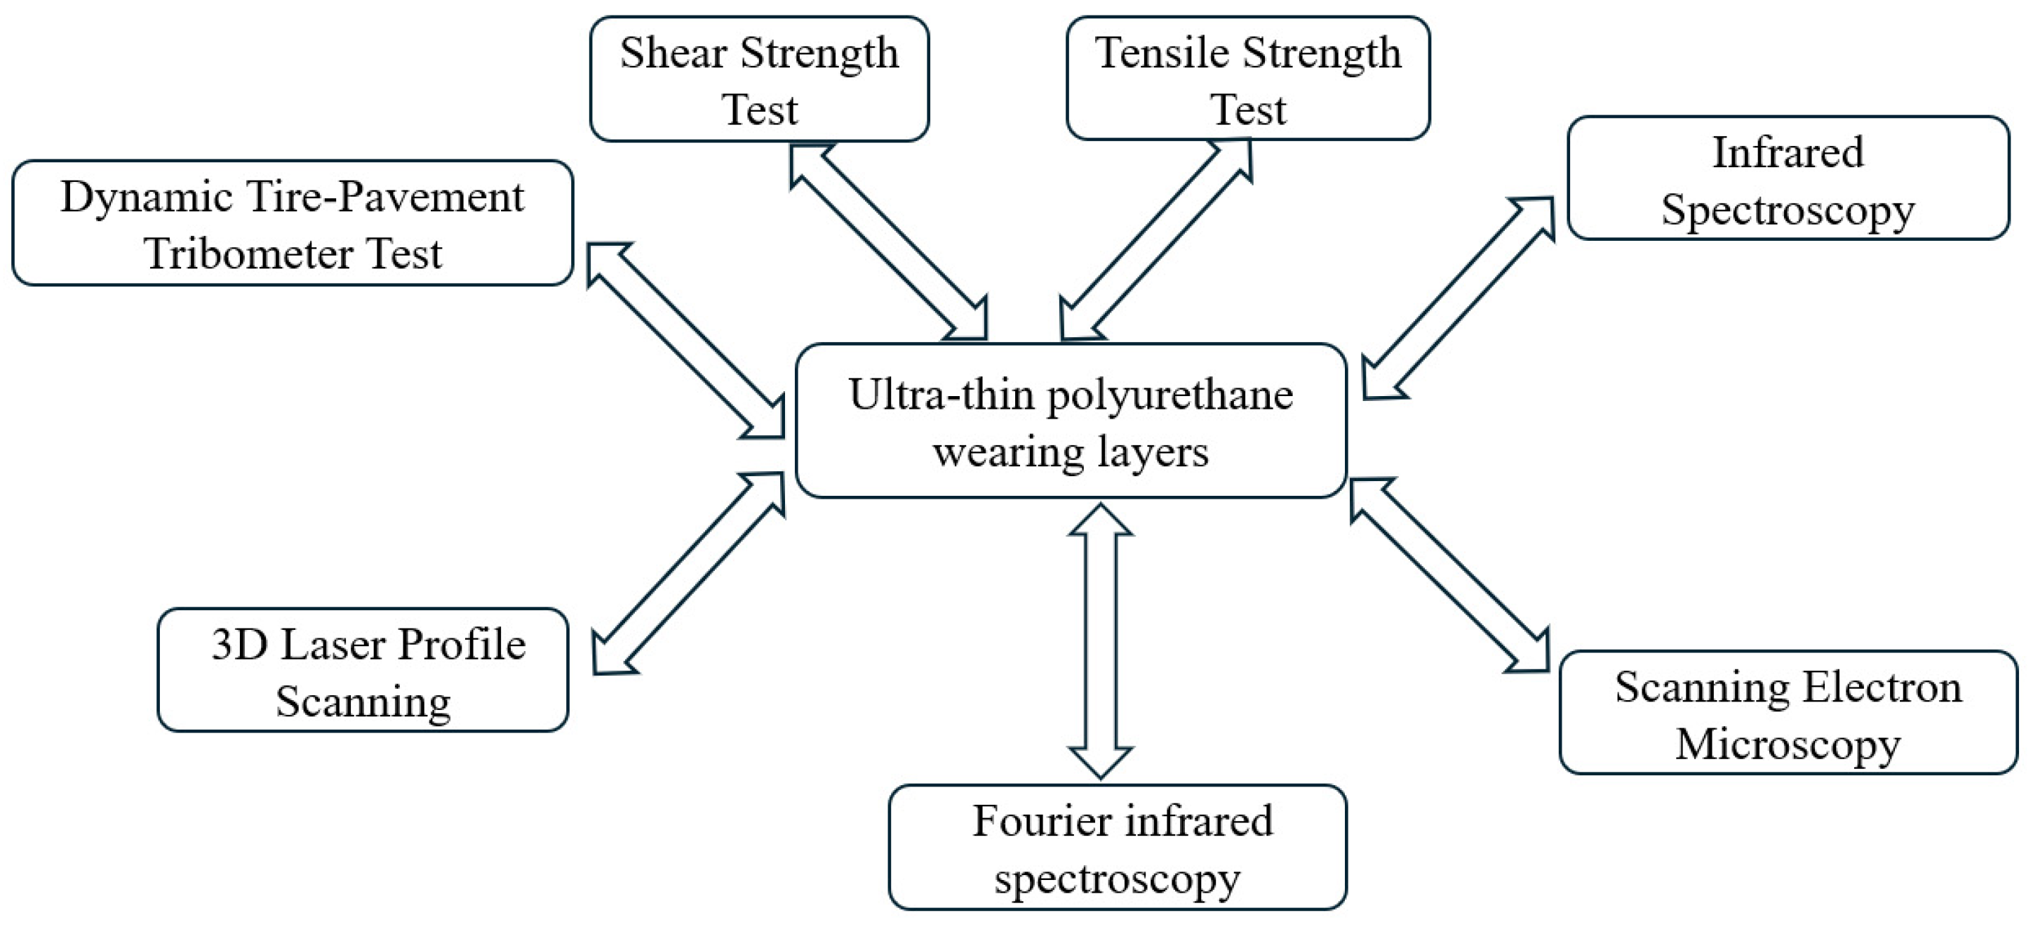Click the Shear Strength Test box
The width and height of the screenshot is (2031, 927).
point(758,79)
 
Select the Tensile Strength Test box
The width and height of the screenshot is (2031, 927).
point(1247,79)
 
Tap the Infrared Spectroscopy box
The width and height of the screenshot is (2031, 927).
point(1788,178)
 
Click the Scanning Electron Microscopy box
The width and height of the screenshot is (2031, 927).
point(1788,712)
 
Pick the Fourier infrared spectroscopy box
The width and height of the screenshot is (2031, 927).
point(1117,848)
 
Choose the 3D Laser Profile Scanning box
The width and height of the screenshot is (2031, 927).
point(363,670)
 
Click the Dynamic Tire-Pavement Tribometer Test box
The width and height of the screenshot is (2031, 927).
point(292,223)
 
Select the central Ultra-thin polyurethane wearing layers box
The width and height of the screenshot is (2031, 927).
point(1070,421)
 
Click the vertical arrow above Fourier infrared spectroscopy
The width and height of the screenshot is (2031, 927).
point(1100,640)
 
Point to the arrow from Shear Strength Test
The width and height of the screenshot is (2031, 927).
point(889,242)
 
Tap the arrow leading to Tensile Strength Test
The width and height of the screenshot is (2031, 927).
point(1156,240)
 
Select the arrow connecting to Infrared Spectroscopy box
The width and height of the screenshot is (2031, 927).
point(1459,298)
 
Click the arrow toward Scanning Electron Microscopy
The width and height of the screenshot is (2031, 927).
point(1449,575)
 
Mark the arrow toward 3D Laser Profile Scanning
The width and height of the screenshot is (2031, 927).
point(688,574)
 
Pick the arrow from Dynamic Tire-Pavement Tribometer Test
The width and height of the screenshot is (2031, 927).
point(686,341)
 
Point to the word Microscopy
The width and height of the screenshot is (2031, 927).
point(1788,744)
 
